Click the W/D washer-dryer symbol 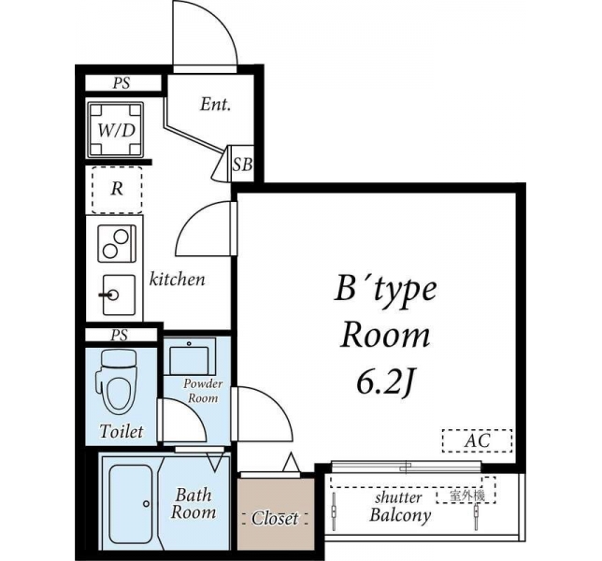point(116,129)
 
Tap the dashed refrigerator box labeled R point(117,190)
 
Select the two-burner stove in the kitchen point(117,243)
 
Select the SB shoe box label point(243,165)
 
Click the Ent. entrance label point(215,105)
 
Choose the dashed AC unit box point(477,440)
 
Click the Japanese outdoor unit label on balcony point(466,496)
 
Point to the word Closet point(275,518)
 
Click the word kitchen point(177,280)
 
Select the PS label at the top point(122,83)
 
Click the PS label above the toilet point(119,336)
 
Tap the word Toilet point(122,431)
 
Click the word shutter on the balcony point(398,497)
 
